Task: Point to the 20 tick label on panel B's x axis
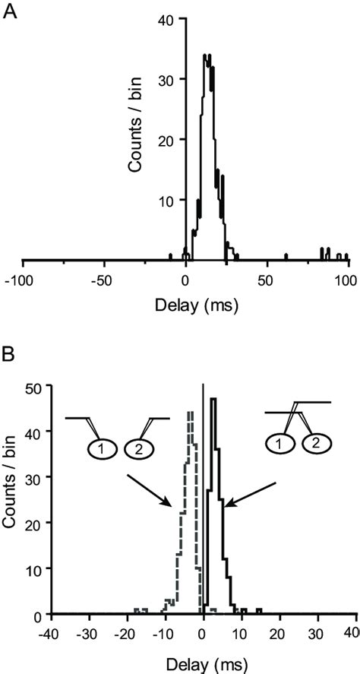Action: tap(281, 630)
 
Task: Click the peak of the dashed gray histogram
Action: tap(190, 413)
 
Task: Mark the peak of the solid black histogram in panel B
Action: tap(213, 399)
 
